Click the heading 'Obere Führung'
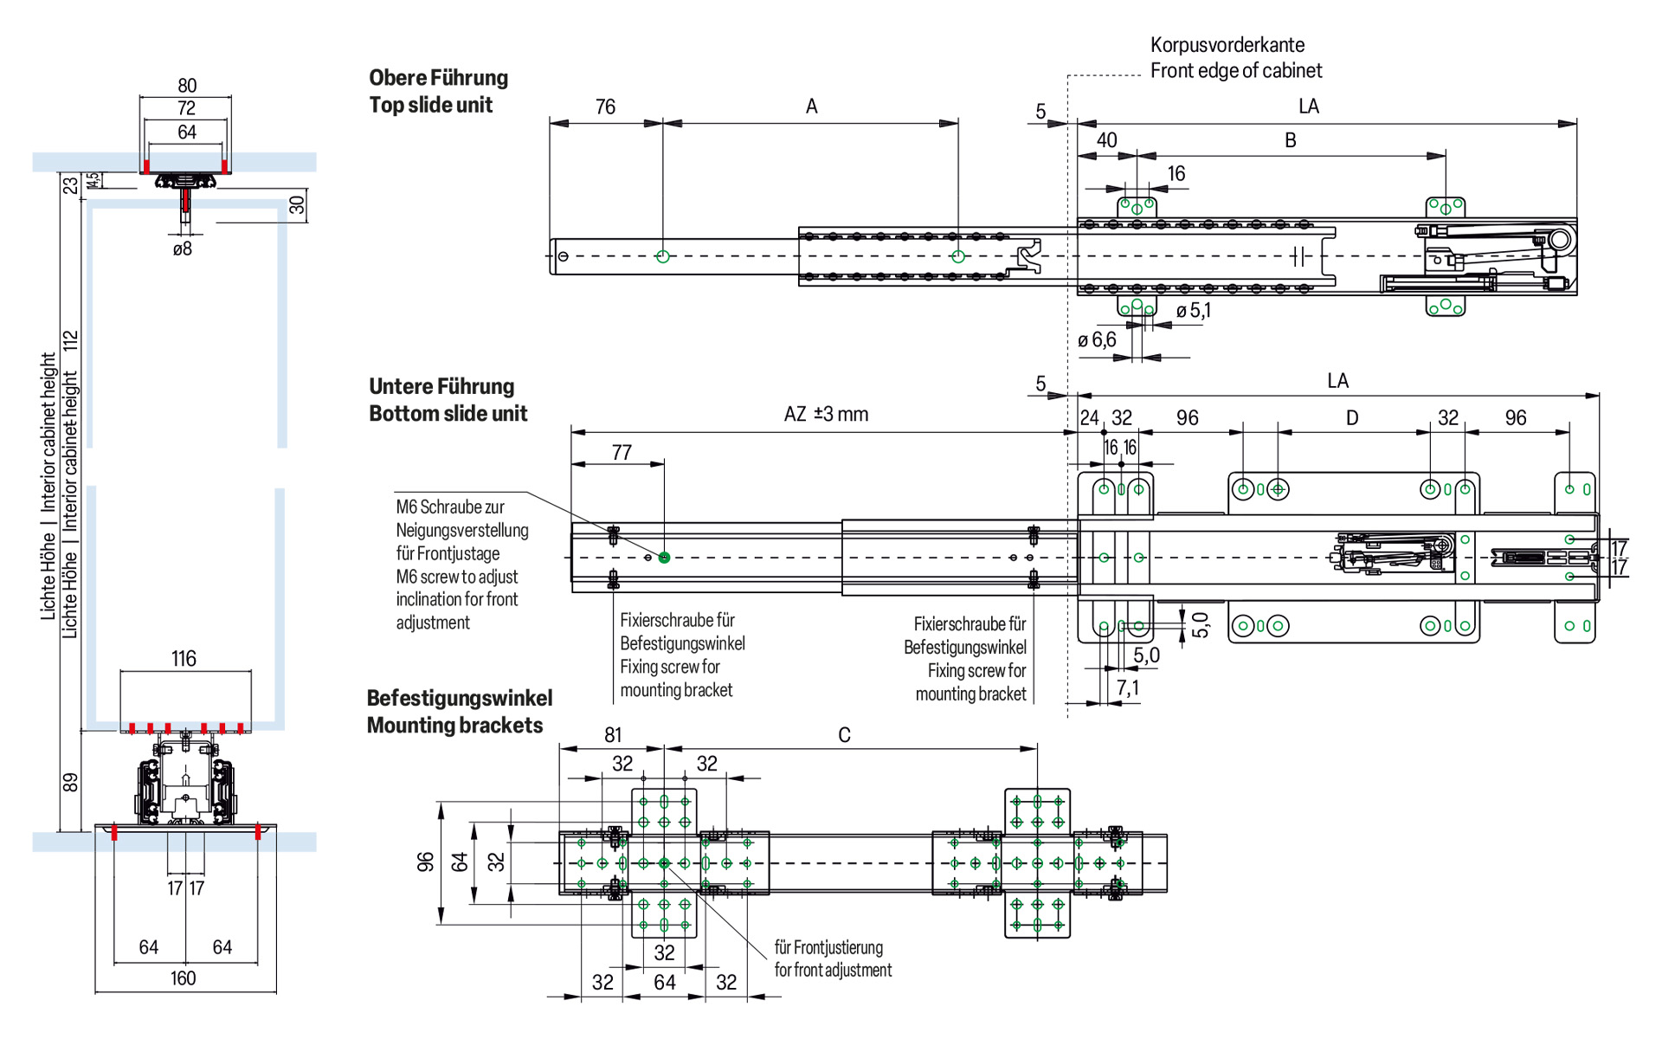(x=438, y=78)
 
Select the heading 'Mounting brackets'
(x=454, y=726)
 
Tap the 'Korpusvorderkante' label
(x=1227, y=45)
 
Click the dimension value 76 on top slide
(x=605, y=106)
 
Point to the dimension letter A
(x=811, y=106)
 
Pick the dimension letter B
(x=1291, y=140)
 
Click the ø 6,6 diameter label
(x=1097, y=340)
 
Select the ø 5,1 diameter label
(x=1194, y=311)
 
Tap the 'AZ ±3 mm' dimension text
(x=826, y=415)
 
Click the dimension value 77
(x=622, y=453)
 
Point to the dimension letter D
(x=1352, y=418)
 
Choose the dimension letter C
(x=844, y=735)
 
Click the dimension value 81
(x=613, y=735)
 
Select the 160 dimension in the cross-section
(x=183, y=978)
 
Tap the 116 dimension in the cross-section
(x=184, y=659)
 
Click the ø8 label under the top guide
(x=182, y=249)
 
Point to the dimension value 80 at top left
(x=187, y=86)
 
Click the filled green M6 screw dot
(x=664, y=558)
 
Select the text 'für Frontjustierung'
(x=828, y=947)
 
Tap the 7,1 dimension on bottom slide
(x=1128, y=688)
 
